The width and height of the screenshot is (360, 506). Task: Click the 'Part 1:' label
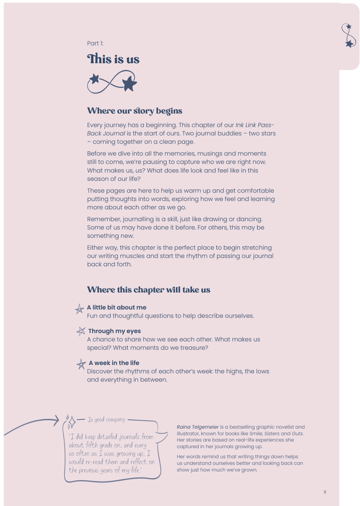(95, 43)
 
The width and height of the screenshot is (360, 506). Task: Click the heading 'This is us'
(113, 59)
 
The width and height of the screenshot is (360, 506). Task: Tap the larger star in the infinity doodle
(129, 83)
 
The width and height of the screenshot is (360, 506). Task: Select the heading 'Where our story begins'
(135, 111)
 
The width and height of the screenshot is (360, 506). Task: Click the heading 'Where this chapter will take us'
(149, 290)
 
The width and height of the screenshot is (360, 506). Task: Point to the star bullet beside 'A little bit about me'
(79, 309)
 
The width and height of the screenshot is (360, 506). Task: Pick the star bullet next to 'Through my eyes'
(81, 331)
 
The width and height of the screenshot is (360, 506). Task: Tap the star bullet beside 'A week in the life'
(81, 364)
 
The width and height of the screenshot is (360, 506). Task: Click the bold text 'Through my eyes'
(114, 331)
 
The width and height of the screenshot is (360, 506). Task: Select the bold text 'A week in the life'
(114, 363)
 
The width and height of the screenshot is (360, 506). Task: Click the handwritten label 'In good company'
(106, 420)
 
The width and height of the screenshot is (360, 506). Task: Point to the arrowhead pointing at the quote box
(57, 420)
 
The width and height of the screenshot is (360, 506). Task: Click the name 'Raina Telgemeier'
(198, 427)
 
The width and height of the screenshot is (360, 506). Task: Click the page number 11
(325, 492)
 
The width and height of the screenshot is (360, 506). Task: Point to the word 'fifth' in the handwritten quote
(92, 445)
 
